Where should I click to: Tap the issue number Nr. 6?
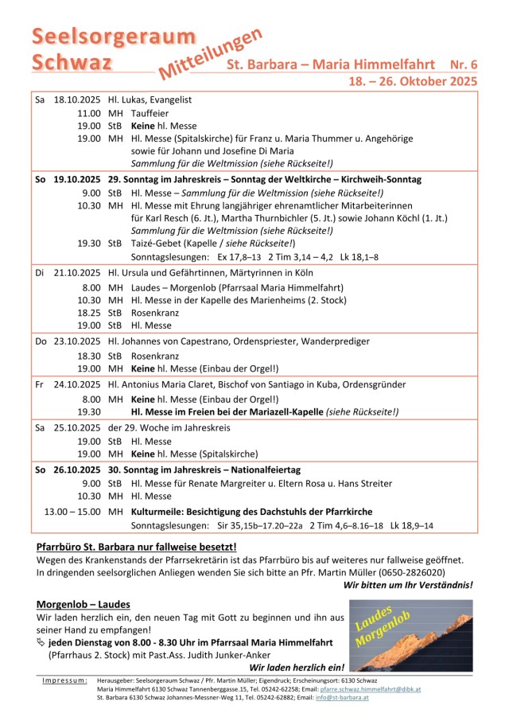coord(463,64)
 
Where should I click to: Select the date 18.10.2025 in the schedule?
coord(77,100)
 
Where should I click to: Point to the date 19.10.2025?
coord(77,180)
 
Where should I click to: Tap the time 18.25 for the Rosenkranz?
coord(89,313)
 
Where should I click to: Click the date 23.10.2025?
coord(77,341)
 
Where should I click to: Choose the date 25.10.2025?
coord(77,428)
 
